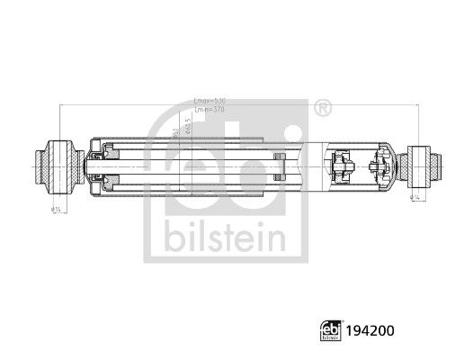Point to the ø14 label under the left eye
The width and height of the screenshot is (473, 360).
pos(57,208)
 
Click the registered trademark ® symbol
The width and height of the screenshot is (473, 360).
pos(321,108)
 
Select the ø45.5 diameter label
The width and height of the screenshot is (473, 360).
pos(186,125)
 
